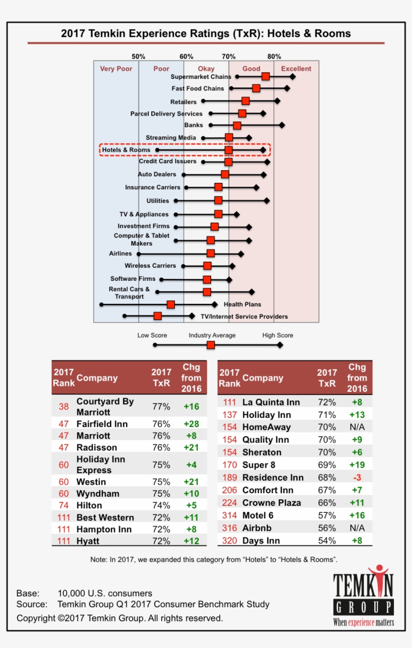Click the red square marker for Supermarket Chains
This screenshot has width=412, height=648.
(265, 76)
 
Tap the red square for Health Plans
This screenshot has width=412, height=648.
(171, 304)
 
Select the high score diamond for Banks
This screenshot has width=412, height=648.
(282, 125)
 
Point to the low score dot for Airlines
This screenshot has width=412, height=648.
(139, 254)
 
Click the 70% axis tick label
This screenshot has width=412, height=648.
(229, 56)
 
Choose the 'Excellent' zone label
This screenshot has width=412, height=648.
(296, 69)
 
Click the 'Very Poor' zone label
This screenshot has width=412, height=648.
(116, 69)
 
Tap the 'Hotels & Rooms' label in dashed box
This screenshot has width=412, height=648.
(126, 150)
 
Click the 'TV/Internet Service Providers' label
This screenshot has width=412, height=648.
(244, 316)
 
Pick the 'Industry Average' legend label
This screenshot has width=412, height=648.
(212, 335)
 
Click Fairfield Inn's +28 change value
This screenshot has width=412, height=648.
(191, 424)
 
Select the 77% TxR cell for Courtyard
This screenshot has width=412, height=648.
(161, 407)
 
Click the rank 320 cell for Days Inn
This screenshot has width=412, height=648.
(229, 541)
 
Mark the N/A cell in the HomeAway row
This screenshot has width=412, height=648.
(357, 427)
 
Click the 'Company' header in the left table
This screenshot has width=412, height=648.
(97, 378)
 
